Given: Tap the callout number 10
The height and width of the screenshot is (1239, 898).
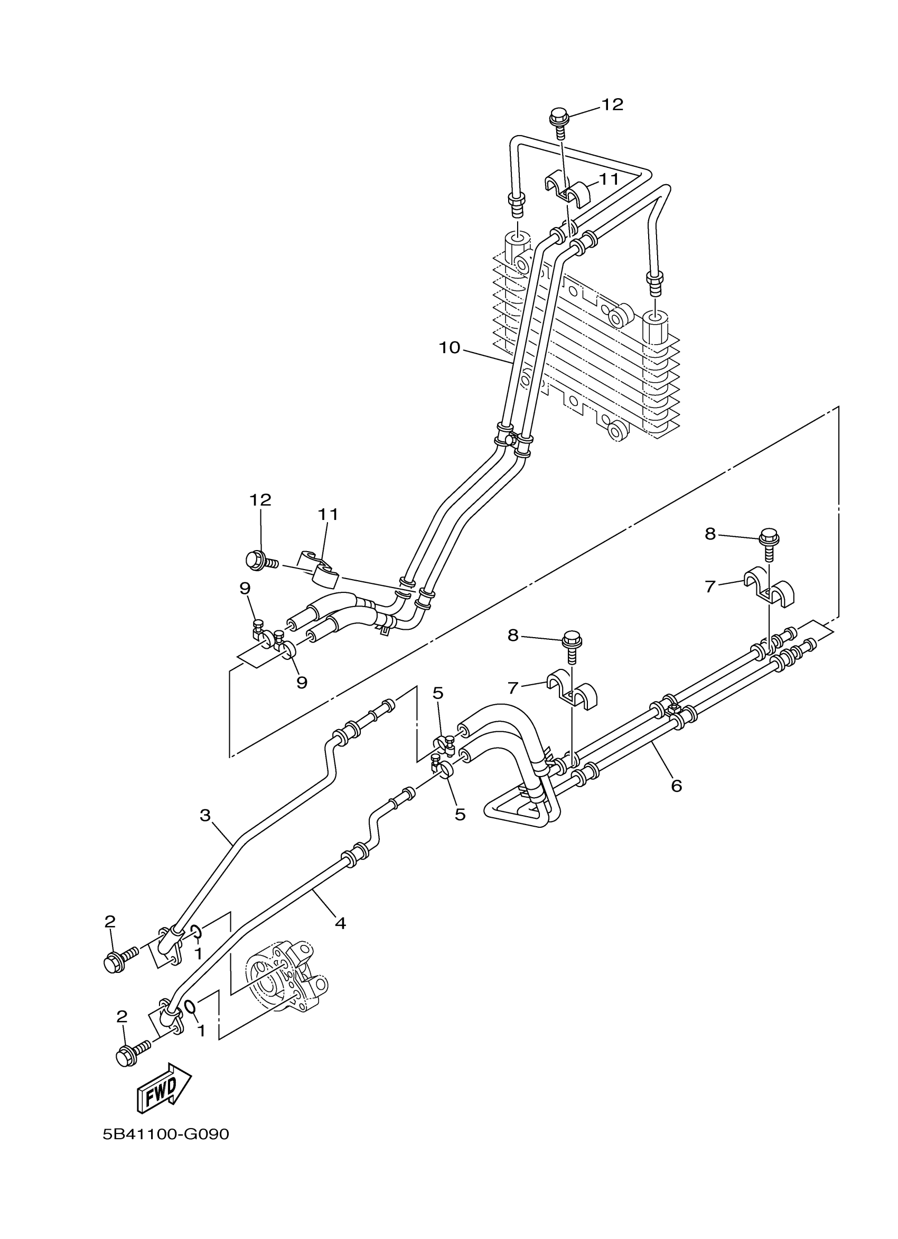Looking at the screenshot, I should [450, 347].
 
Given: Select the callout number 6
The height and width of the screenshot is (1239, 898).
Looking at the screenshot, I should [676, 786].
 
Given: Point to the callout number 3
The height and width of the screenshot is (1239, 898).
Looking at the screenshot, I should [205, 831].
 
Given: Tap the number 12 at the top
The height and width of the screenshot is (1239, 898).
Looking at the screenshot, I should [612, 105].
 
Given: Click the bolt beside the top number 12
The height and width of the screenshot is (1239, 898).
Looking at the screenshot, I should [559, 122].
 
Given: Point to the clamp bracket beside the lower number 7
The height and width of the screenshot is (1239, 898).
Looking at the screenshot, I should [571, 688].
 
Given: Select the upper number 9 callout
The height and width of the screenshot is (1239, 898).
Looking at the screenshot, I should [245, 589].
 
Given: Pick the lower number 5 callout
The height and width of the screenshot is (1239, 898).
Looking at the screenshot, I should [460, 830].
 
